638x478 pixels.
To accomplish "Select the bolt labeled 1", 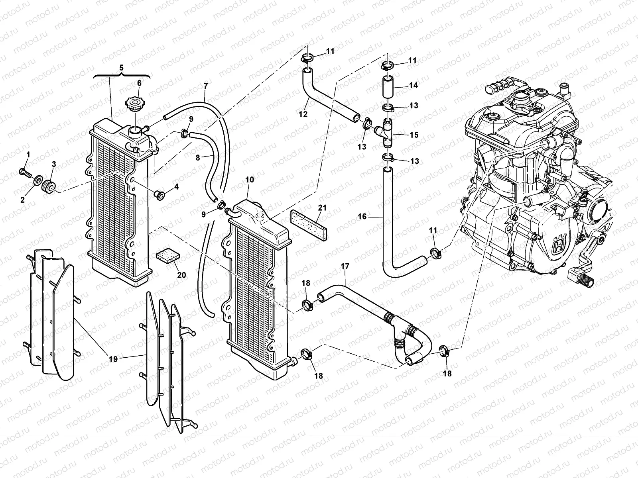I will coord(26,172).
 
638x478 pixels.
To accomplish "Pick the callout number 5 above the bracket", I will coord(122,67).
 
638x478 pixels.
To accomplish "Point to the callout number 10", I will coord(250,180).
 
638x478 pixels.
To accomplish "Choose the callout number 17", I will coord(345,265).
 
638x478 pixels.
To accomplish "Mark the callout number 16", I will coord(362,216).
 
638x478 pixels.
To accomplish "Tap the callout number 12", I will coord(303,114).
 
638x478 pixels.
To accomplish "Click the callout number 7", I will coord(205,86).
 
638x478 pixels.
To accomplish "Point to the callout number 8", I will coord(198,157).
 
